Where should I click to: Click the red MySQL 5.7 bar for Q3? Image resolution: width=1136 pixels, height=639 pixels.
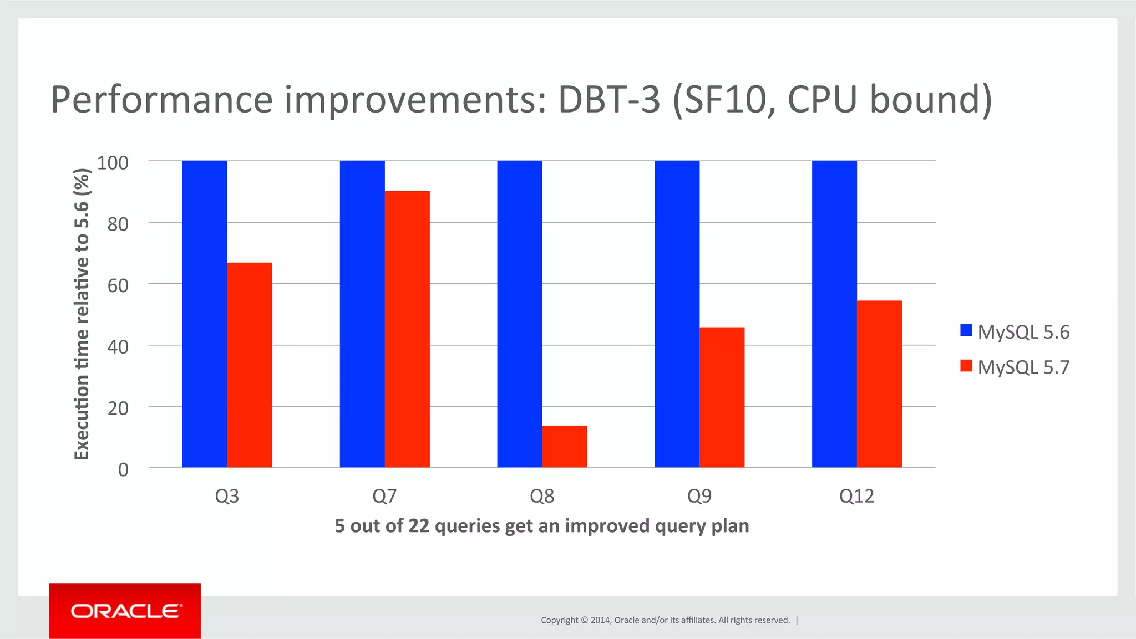point(249,365)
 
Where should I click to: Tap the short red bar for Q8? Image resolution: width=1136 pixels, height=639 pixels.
point(564,447)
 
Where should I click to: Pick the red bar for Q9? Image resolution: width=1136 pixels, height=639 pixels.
point(722,397)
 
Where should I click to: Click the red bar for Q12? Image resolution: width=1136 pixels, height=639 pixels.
point(879,384)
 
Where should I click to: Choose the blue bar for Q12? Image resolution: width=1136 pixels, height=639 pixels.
point(834,314)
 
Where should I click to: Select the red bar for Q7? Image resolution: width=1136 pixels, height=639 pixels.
point(407,329)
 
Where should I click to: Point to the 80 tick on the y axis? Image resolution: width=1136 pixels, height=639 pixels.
point(118,224)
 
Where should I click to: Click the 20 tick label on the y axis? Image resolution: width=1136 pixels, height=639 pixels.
point(118,408)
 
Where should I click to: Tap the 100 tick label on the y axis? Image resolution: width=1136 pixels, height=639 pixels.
point(113,162)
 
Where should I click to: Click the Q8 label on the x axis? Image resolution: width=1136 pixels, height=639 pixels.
point(542,495)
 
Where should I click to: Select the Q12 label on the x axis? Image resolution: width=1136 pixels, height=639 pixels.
point(856,495)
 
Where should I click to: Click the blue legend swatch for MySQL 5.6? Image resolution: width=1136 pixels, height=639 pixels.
point(966,331)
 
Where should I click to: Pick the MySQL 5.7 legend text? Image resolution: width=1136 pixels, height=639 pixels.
point(1023,367)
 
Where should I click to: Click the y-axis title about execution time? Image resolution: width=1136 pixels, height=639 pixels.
point(82,314)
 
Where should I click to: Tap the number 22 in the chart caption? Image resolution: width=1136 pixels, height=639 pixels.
point(419,525)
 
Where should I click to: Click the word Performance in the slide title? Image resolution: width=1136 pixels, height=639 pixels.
point(161,100)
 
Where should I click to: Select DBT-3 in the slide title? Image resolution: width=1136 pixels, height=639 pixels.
point(608,100)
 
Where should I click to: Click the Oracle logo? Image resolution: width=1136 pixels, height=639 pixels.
point(125,611)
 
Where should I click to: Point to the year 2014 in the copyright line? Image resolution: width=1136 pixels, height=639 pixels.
point(600,620)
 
